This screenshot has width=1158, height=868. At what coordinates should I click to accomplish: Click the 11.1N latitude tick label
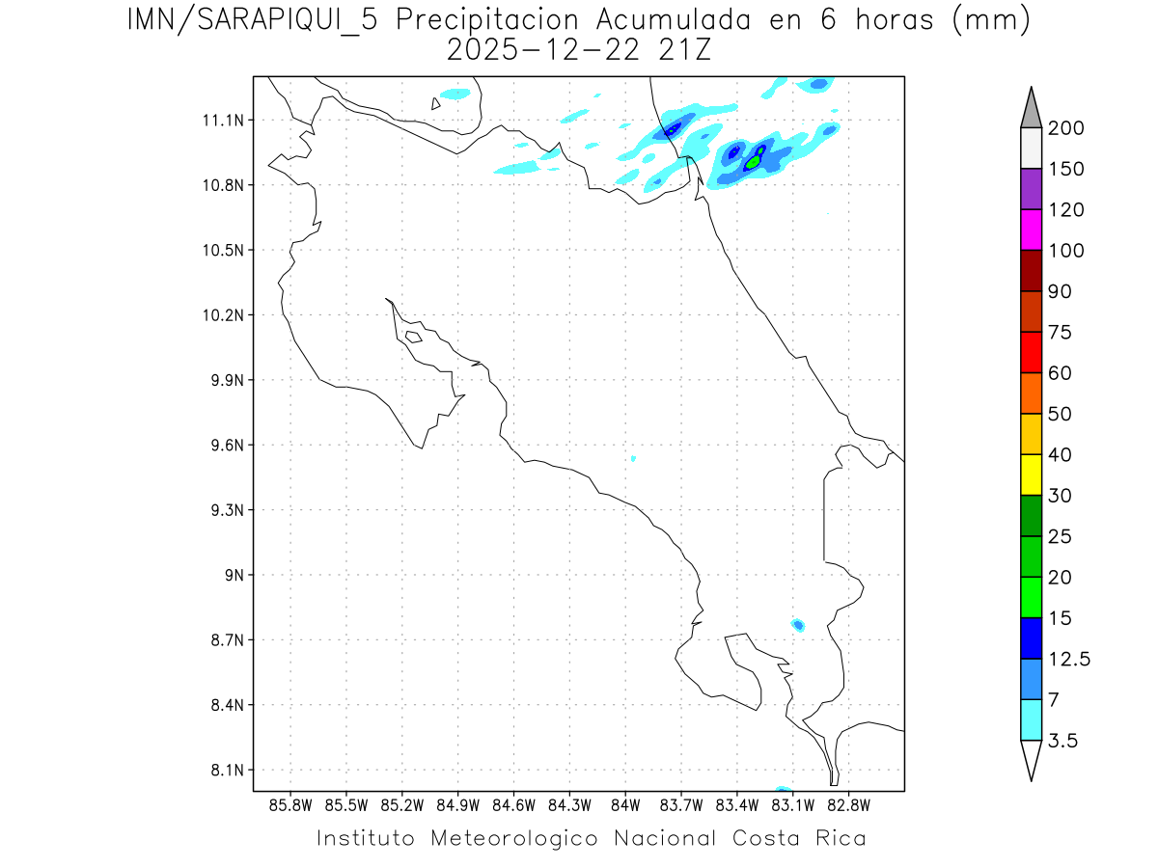[x=222, y=121]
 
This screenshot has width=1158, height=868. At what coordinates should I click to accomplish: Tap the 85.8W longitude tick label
[x=291, y=804]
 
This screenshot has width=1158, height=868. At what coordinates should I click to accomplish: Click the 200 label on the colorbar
[x=1067, y=128]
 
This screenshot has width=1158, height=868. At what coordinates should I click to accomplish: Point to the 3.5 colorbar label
[x=1062, y=741]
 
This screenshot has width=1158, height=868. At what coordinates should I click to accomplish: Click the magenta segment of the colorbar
[x=1031, y=230]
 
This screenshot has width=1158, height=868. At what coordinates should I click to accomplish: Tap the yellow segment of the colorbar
[x=1031, y=475]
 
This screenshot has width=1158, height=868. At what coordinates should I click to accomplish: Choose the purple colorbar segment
[x=1031, y=189]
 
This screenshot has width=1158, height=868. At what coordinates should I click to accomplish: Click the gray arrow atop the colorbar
[x=1031, y=108]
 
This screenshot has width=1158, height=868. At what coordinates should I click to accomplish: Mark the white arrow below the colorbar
[x=1031, y=760]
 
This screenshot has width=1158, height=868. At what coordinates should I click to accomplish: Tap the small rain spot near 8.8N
[x=798, y=625]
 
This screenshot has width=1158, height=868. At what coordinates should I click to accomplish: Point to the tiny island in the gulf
[x=413, y=337]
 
